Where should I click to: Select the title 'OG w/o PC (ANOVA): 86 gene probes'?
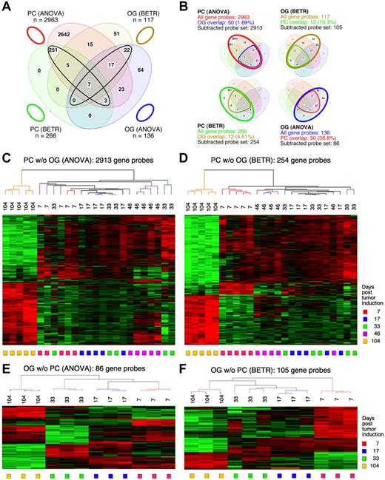[85, 362]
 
